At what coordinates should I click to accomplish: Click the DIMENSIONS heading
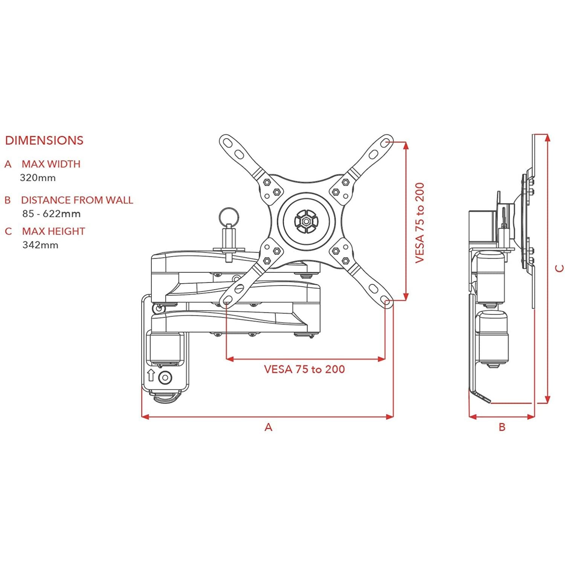44,140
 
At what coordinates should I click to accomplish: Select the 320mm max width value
38,178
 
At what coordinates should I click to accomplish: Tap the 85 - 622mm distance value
51,214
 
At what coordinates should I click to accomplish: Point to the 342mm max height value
40,245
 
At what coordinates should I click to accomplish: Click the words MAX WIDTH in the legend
51,164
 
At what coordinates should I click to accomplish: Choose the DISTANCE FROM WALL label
77,200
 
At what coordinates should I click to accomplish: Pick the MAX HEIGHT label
53,231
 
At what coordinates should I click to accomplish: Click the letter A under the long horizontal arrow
268,427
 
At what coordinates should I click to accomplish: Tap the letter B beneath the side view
502,427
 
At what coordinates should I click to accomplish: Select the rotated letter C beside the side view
560,268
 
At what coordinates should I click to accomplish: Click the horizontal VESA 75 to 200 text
304,369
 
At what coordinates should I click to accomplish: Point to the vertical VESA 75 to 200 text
420,223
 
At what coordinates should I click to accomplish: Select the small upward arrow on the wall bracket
151,375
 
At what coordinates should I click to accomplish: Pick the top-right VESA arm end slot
385,143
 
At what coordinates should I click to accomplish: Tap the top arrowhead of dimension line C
548,138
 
